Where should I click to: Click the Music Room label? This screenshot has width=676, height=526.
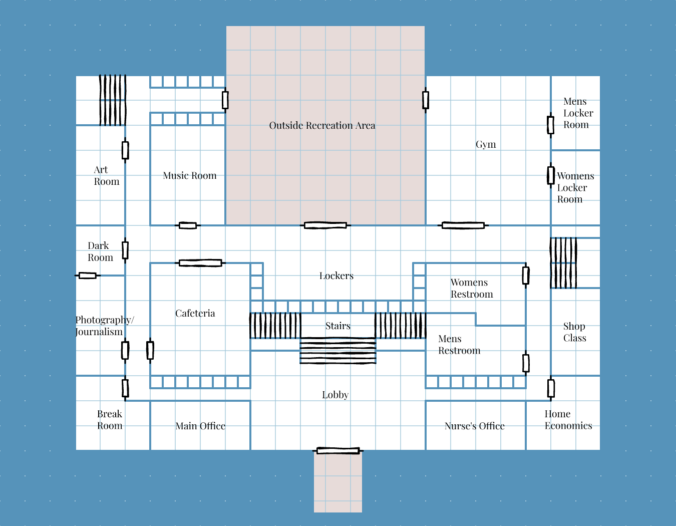(190, 176)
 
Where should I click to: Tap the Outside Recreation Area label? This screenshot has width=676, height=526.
(322, 126)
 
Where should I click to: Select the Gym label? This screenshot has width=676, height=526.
(486, 145)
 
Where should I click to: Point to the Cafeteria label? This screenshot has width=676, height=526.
(195, 314)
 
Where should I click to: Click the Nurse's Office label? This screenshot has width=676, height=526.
(474, 426)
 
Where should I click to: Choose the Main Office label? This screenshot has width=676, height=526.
(200, 426)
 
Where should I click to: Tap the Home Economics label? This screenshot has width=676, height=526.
(568, 420)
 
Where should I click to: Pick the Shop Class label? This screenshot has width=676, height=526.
(574, 332)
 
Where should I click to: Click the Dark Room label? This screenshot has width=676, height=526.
(100, 251)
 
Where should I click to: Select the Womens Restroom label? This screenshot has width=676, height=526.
(471, 289)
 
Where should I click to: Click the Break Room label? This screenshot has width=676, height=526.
(110, 420)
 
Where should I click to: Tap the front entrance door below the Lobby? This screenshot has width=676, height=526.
(338, 451)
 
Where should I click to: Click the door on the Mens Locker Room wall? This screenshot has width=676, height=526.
(550, 125)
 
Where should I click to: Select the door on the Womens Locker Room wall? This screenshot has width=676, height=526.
(550, 175)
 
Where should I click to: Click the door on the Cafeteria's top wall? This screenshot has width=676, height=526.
(200, 263)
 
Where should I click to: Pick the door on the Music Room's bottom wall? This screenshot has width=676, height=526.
(188, 225)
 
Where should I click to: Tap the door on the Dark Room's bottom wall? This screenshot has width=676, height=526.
(88, 276)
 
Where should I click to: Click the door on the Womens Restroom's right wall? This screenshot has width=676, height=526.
(526, 276)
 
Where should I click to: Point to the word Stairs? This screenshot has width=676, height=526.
(338, 326)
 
